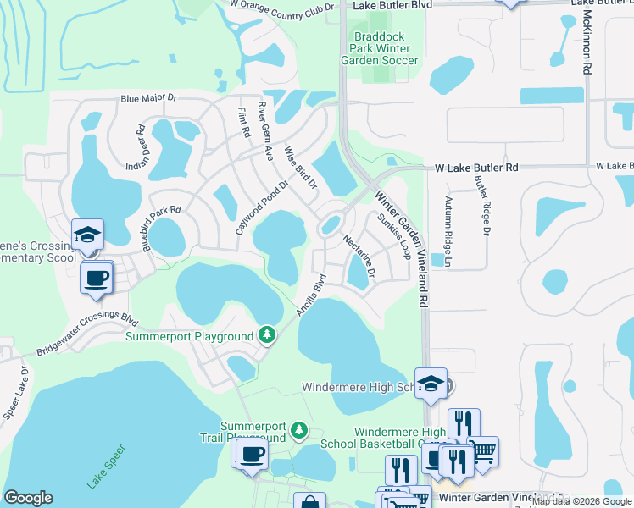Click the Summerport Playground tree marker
(268, 336)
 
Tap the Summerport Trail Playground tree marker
(298, 432)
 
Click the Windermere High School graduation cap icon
(431, 384)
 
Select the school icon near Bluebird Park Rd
(87, 236)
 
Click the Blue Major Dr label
(150, 99)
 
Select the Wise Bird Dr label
(299, 166)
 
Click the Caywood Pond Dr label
(263, 207)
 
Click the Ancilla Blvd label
(311, 295)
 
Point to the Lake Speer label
(106, 467)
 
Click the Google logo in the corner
(28, 498)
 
